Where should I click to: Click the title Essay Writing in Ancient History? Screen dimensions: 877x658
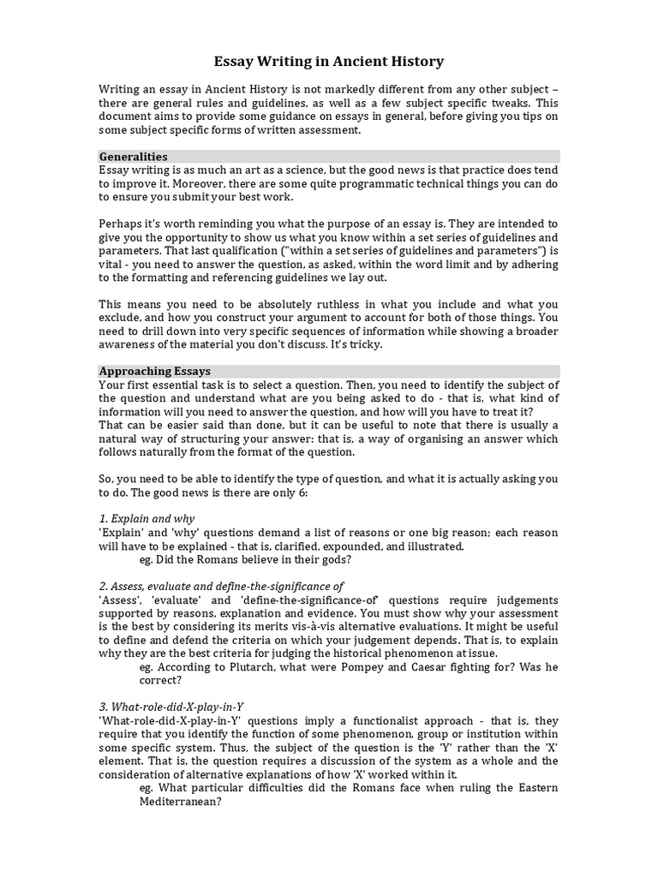328,62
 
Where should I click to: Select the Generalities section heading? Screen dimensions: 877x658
133,157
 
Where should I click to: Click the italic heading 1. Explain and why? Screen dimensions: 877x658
147,518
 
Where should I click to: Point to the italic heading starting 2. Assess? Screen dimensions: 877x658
221,586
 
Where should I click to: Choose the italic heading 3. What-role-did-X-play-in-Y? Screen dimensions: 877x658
171,706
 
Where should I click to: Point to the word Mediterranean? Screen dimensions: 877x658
180,802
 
